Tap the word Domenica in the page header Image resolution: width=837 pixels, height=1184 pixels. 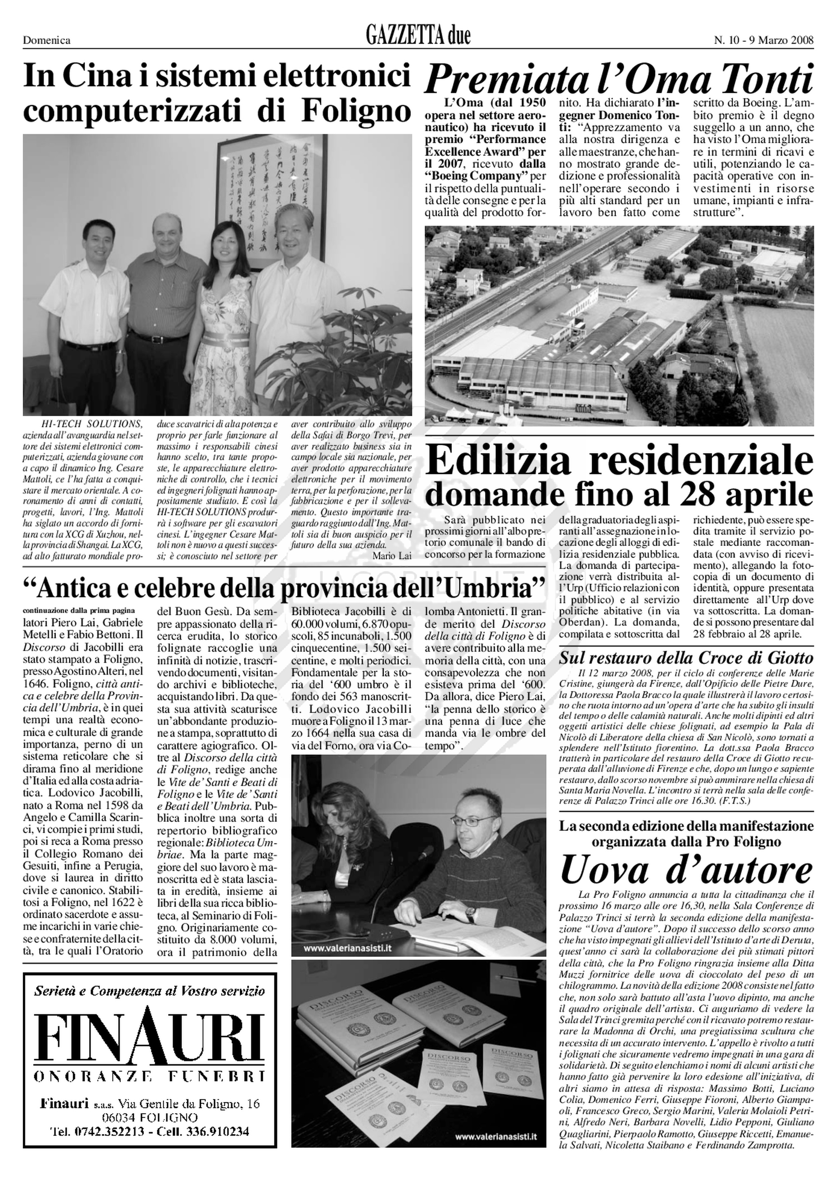pyautogui.click(x=47, y=40)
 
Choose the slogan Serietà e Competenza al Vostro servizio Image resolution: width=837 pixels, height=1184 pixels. pyautogui.click(x=149, y=991)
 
